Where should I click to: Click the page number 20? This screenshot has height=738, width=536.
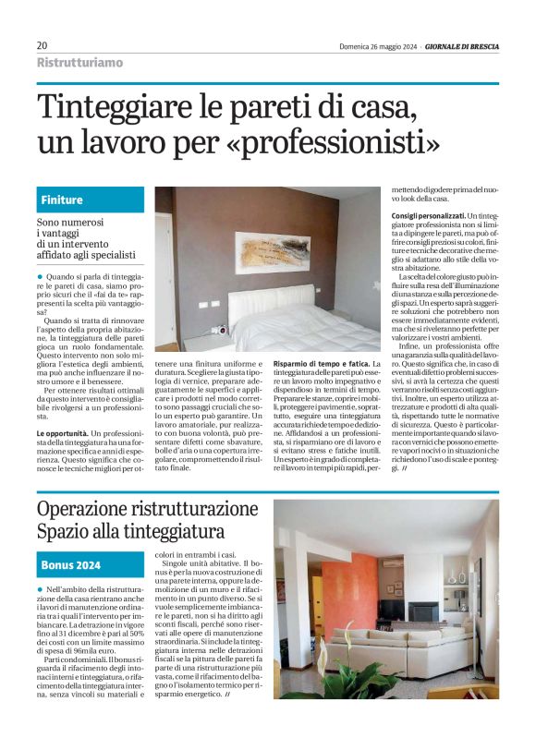(42, 45)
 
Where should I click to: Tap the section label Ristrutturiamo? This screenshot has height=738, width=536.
(79, 62)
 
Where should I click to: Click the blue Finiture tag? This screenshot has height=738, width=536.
(62, 200)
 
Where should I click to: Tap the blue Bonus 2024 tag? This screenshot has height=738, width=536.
(71, 564)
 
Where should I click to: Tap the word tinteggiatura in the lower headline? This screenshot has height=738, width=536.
(171, 532)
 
